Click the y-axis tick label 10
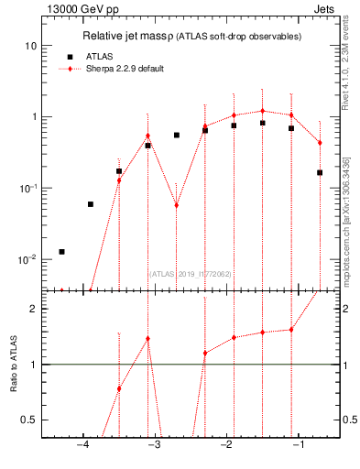[31, 46]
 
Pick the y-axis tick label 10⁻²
[27, 259]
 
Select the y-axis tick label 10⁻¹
[27, 188]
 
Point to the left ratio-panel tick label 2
[33, 309]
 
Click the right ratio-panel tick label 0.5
[348, 420]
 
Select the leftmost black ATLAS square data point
[61, 251]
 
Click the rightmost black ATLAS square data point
[320, 172]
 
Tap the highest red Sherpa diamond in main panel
[262, 111]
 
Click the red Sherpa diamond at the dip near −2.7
[176, 205]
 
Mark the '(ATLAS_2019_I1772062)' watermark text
[191, 272]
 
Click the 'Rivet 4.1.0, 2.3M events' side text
[350, 64]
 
